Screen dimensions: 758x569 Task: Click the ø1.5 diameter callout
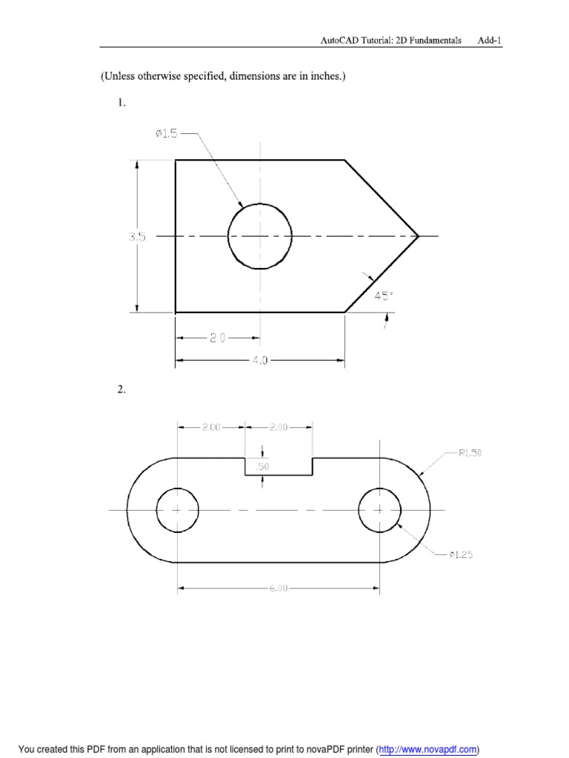coord(166,133)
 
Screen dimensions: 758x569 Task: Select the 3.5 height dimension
coord(136,237)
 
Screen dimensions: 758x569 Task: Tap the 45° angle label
coord(383,295)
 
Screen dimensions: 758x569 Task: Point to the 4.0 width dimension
coord(259,361)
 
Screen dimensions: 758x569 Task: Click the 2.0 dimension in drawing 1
coord(217,338)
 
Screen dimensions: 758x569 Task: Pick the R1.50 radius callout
coord(470,453)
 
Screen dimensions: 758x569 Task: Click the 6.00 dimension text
coord(278,589)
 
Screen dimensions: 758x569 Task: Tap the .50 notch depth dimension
coord(264,466)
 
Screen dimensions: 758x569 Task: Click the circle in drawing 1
coord(259,236)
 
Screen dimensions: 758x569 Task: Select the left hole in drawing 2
coord(178,510)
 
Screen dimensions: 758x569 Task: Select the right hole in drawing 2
coord(379,510)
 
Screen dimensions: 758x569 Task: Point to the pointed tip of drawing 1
coord(418,236)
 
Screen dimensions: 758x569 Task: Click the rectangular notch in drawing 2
coord(279,466)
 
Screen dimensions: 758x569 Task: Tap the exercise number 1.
coord(122,104)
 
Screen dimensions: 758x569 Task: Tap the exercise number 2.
coord(122,391)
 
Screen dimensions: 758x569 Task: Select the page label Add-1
coord(490,41)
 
